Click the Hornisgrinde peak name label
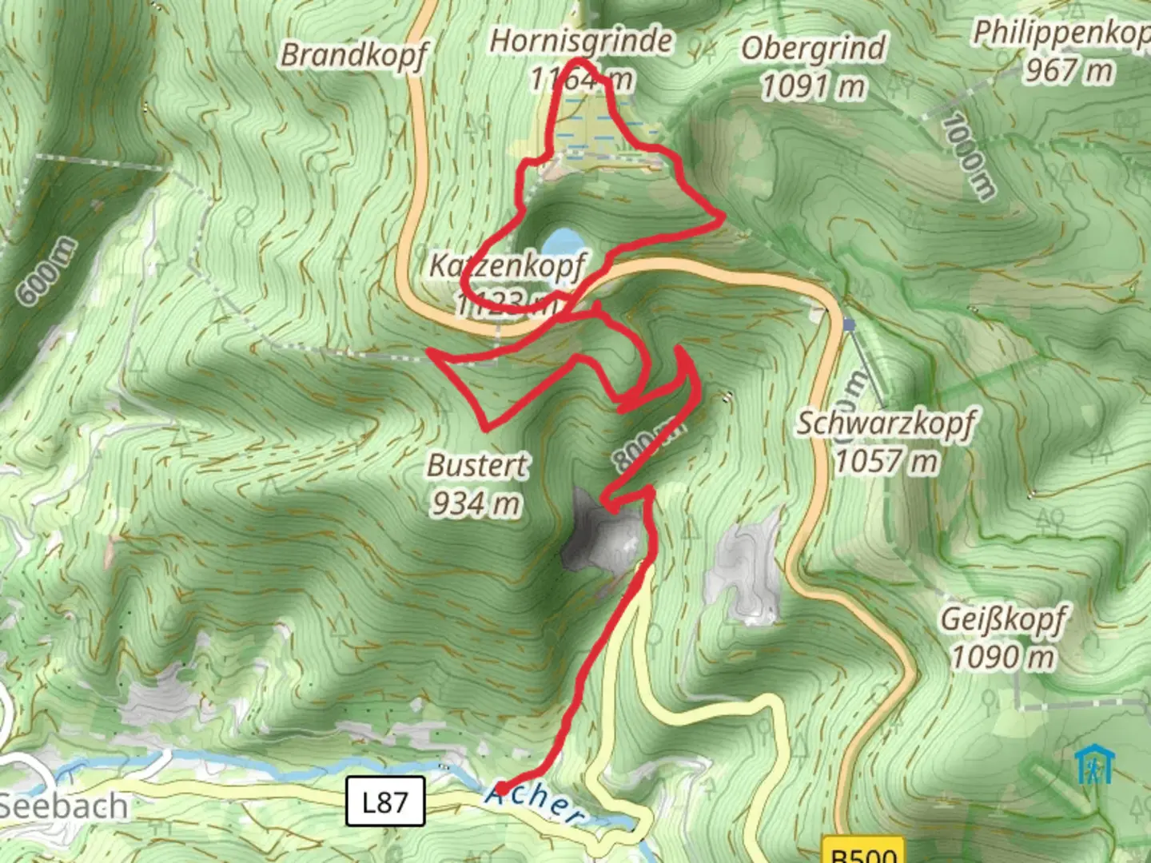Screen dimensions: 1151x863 580,41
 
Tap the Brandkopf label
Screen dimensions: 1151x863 354,54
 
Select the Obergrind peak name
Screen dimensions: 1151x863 813,48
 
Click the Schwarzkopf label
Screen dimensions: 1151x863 886,423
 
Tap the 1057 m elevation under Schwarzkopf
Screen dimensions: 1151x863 886,461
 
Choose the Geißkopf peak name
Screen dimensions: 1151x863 1003,619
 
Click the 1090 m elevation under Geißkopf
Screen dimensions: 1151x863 1002,658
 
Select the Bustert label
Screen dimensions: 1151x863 477,465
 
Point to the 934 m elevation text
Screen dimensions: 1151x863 476,503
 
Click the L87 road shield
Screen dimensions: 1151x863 384,801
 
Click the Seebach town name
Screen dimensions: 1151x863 64,805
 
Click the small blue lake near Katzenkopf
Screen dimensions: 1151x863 562,241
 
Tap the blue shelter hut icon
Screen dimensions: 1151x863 1092,765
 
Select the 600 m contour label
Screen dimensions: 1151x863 49,272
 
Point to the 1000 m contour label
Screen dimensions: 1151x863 968,157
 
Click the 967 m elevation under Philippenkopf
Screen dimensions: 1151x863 1069,70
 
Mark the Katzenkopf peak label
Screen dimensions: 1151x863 507,265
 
